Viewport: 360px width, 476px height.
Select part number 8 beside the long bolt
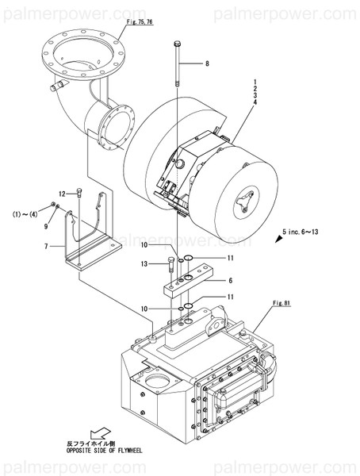(207, 63)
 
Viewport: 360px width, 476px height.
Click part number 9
(47, 226)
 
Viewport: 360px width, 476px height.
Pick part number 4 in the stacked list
(255, 102)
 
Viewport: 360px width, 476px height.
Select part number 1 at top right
(255, 81)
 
